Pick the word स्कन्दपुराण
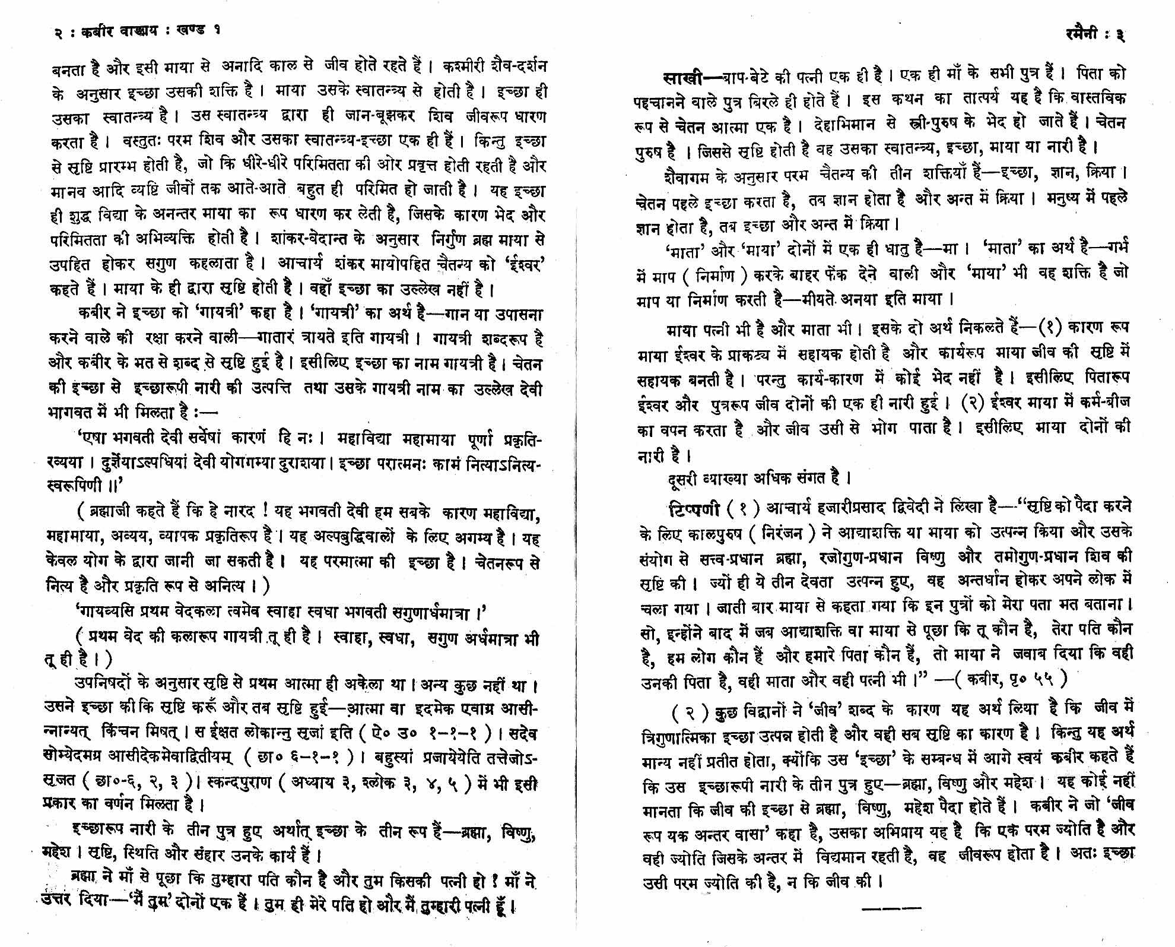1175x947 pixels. pos(243,783)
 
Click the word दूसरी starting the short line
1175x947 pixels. pos(682,479)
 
